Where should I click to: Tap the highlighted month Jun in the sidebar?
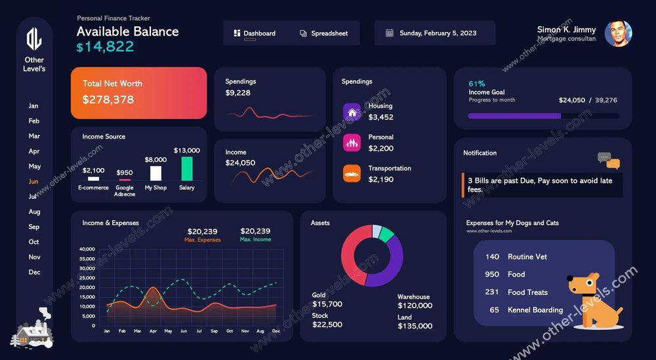click(x=33, y=182)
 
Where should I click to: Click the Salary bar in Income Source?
click(x=187, y=169)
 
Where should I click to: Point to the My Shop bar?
click(x=155, y=173)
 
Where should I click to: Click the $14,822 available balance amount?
click(x=105, y=47)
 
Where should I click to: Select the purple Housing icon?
click(x=352, y=111)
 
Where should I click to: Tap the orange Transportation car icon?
click(x=352, y=174)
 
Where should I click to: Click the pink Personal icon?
click(x=352, y=142)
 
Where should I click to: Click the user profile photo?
click(x=618, y=33)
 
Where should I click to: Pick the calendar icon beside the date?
click(x=390, y=33)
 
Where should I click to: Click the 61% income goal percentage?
click(x=477, y=84)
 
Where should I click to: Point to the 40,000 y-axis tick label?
click(x=87, y=249)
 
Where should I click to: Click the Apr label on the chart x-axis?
click(x=153, y=331)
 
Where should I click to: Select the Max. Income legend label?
click(x=255, y=240)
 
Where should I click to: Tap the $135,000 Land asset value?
click(x=415, y=326)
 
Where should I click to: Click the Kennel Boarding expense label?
click(x=535, y=310)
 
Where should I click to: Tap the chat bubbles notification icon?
click(x=608, y=161)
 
